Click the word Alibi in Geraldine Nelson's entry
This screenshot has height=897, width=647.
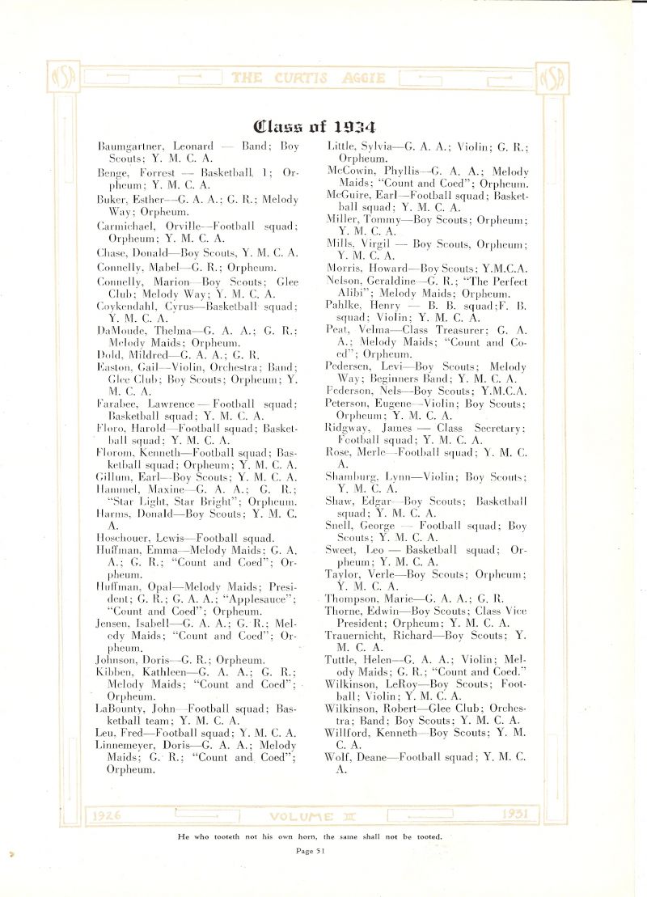[x=352, y=293]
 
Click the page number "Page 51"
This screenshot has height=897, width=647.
[x=311, y=850]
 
